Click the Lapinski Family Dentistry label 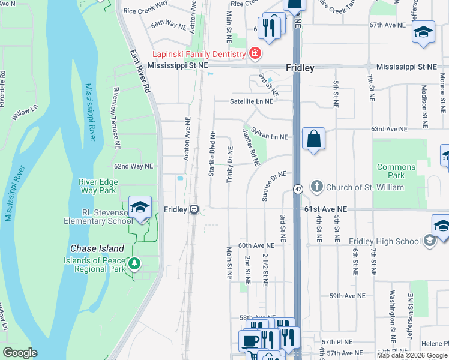click(x=200, y=54)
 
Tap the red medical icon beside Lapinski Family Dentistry click(x=255, y=54)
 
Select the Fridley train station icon click(x=194, y=209)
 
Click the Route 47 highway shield click(x=298, y=189)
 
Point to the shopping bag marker click(x=313, y=140)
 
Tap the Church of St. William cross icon click(x=316, y=187)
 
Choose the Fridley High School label click(x=385, y=241)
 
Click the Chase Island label click(x=97, y=248)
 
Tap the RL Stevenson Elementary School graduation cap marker click(x=140, y=207)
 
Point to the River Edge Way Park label click(x=98, y=186)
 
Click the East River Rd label click(x=139, y=71)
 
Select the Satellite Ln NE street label click(x=251, y=101)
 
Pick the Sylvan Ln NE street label click(x=270, y=133)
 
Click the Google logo click(x=20, y=353)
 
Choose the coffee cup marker click(x=250, y=341)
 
